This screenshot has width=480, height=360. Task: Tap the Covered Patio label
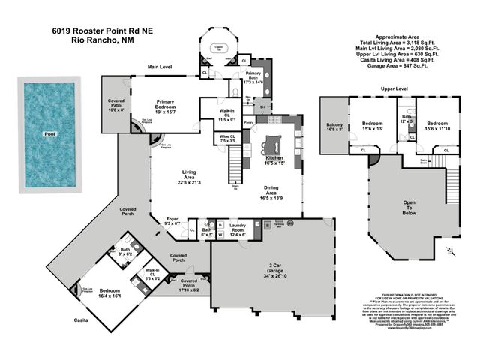116,103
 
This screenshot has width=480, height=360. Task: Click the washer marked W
220,234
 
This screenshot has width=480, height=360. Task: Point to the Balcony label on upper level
334,127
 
